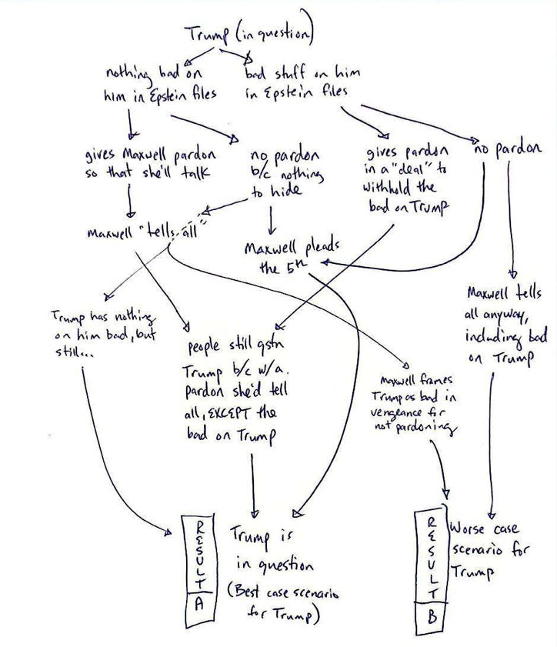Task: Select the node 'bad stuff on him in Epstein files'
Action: (302, 83)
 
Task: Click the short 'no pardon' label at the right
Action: (505, 149)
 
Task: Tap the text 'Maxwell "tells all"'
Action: (142, 232)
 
